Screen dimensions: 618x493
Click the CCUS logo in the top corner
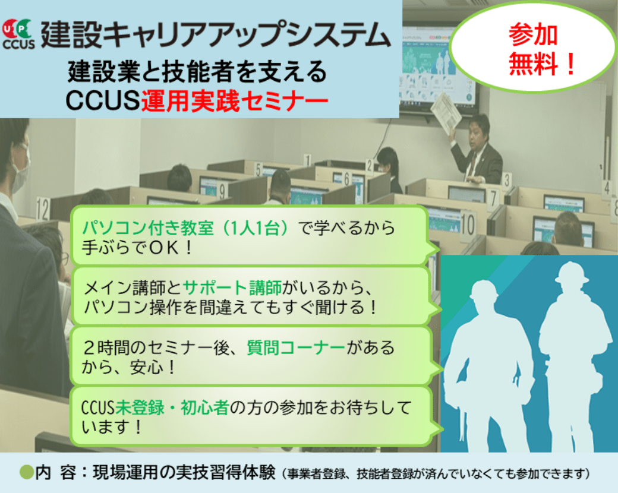click(18, 34)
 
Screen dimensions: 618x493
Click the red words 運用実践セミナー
click(235, 100)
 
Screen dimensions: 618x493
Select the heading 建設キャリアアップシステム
click(216, 34)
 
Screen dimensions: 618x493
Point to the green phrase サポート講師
click(232, 287)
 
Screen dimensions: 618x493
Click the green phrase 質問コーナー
click(296, 347)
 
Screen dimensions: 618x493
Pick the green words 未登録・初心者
click(172, 407)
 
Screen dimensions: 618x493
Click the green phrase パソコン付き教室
click(148, 227)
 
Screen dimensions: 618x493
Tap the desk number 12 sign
click(43, 208)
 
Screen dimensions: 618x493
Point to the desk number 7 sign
click(493, 198)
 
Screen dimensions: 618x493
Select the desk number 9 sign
click(223, 191)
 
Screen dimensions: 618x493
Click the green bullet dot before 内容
click(26, 472)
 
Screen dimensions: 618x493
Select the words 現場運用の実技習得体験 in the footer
click(184, 472)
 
